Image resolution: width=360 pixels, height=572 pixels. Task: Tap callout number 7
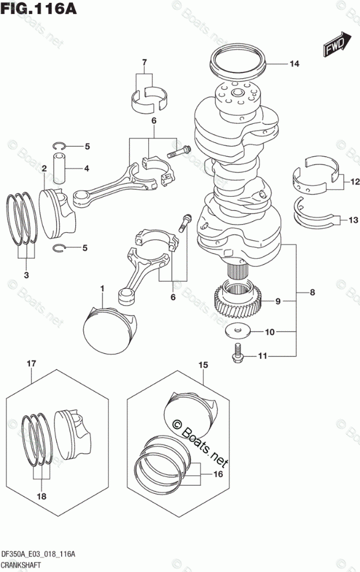point(145,62)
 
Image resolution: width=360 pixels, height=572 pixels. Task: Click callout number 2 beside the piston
point(44,168)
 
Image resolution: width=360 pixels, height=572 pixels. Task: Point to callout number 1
point(102,287)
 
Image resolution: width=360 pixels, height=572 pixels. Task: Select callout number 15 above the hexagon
point(203,365)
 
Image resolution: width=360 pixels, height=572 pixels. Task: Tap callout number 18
point(41,497)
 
